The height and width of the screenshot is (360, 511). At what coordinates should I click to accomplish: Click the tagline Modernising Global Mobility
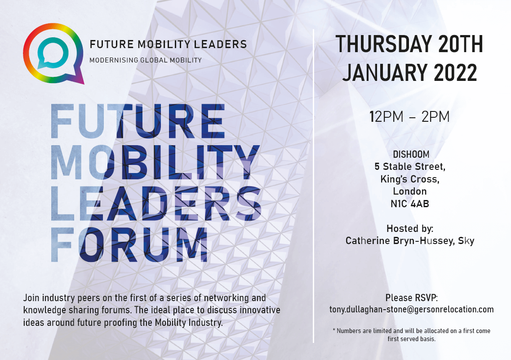pyautogui.click(x=146, y=60)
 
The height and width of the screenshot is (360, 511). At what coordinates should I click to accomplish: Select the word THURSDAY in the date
pyautogui.click(x=383, y=44)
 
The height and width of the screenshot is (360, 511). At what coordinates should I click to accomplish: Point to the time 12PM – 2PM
pyautogui.click(x=409, y=117)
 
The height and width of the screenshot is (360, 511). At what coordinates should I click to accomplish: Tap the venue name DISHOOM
pyautogui.click(x=411, y=155)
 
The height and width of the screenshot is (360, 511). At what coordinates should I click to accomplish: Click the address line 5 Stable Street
pyautogui.click(x=409, y=167)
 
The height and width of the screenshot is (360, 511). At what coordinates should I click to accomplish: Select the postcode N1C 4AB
pyautogui.click(x=410, y=204)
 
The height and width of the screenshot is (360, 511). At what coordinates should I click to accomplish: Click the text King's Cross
pyautogui.click(x=409, y=179)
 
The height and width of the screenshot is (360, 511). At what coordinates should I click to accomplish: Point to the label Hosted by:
pyautogui.click(x=410, y=228)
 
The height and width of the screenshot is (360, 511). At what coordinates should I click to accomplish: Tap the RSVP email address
pyautogui.click(x=411, y=309)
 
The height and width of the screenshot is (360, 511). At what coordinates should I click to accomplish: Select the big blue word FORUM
pyautogui.click(x=129, y=244)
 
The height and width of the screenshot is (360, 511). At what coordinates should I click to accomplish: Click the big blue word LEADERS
pyautogui.click(x=156, y=204)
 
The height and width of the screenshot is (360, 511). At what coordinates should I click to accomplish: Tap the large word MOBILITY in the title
pyautogui.click(x=155, y=162)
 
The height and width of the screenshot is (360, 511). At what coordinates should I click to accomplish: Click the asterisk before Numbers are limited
pyautogui.click(x=334, y=330)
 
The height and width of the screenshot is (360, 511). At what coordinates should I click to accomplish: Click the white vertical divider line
pyautogui.click(x=314, y=186)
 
